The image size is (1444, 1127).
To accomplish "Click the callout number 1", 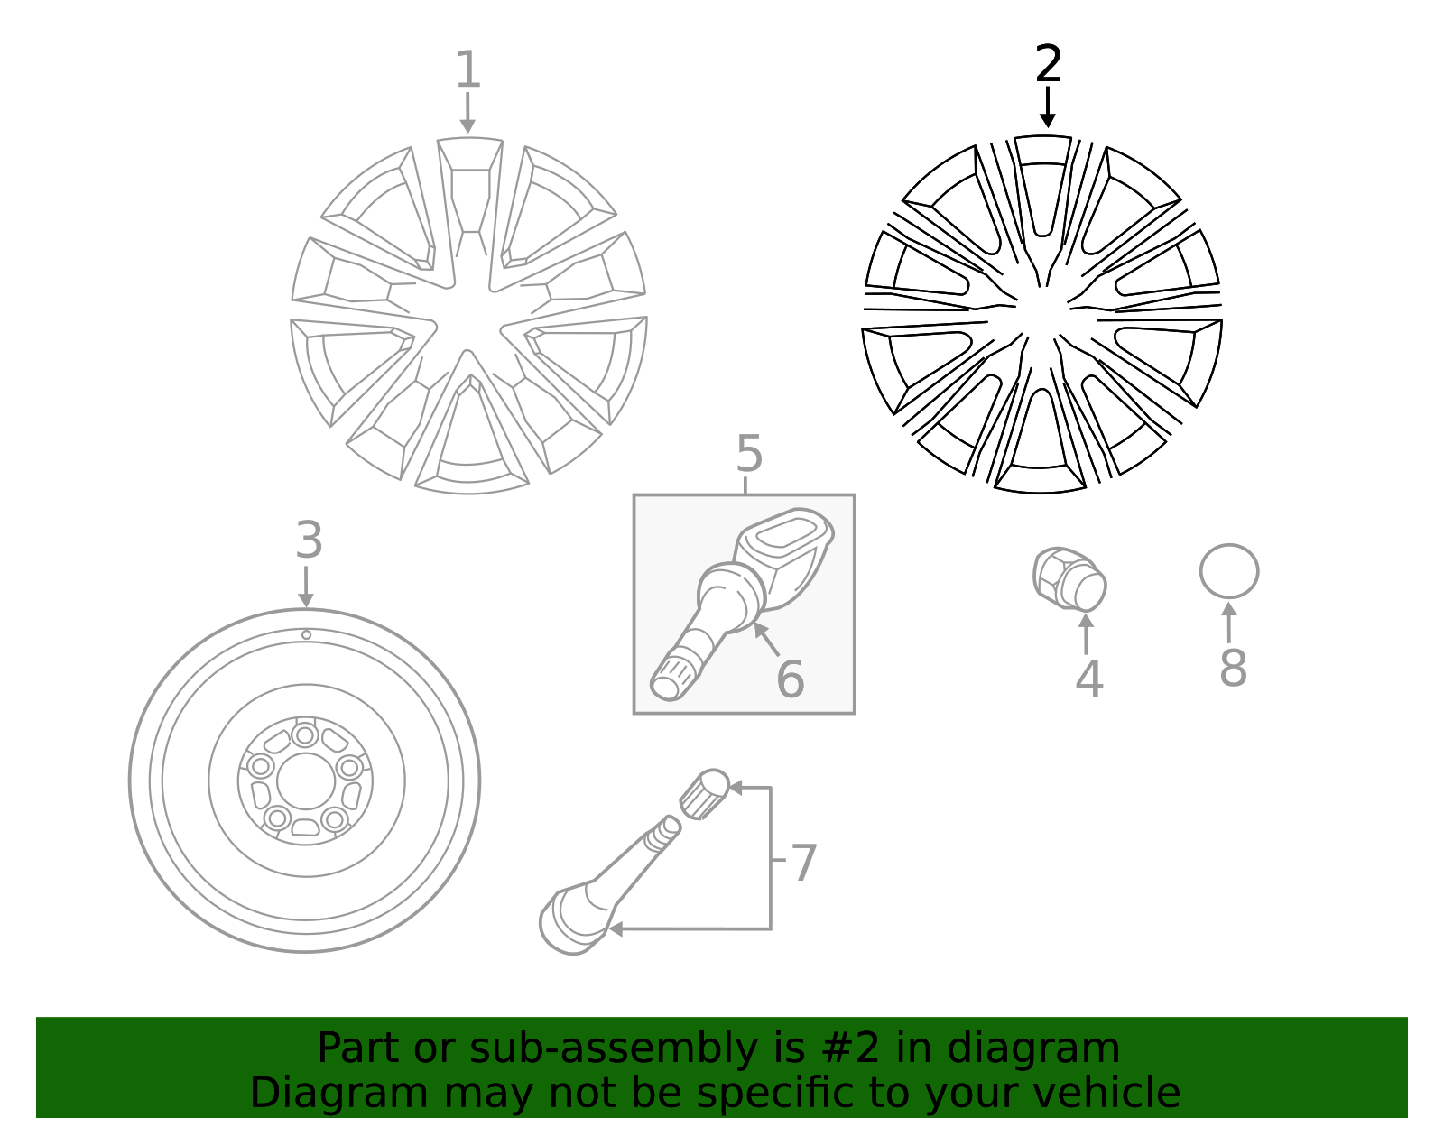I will pos(467,69).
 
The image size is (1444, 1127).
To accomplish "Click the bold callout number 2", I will pos(1048,65).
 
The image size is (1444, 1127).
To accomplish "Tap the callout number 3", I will pos(309,540).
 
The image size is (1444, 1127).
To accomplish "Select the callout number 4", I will pos(1088,679).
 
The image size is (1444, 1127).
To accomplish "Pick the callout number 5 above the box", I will pos(749,454).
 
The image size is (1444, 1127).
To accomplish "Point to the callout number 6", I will pos(790,679).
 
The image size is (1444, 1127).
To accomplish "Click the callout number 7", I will pos(802,863).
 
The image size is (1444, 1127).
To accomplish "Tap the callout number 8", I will pos(1233,668).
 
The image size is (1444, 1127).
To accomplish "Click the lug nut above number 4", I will pos(1069,578).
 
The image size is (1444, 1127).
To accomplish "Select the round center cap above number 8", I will pos(1228,571).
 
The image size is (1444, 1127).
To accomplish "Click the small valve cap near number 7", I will pos(704,793).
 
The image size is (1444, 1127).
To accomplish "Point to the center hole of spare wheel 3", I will pos(306,781).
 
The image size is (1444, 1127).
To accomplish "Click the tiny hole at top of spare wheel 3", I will pos(306,635).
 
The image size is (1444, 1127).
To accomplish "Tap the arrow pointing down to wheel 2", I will pos(1047,108).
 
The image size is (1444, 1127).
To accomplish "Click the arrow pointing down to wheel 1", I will pos(467,114).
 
